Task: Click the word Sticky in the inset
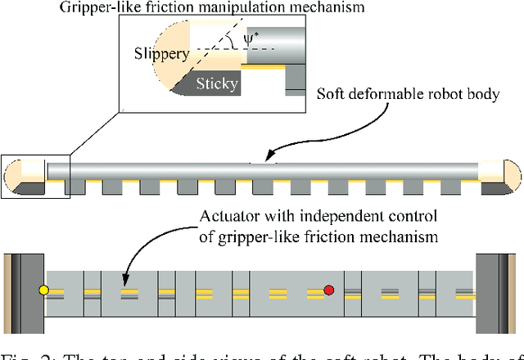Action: [215, 83]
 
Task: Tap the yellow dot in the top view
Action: [44, 290]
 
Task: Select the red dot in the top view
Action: [329, 290]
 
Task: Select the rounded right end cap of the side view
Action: [510, 173]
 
